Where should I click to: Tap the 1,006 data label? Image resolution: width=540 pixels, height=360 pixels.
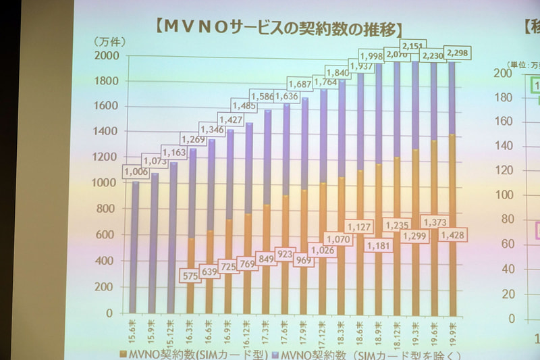pyautogui.click(x=135, y=172)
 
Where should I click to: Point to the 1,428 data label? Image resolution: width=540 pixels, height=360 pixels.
pyautogui.click(x=452, y=235)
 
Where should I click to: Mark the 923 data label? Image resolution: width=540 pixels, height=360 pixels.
pyautogui.click(x=283, y=255)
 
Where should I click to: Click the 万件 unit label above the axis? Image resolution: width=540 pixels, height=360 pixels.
pyautogui.click(x=108, y=41)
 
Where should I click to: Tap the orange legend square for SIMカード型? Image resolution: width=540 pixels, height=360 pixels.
pyautogui.click(x=122, y=354)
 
